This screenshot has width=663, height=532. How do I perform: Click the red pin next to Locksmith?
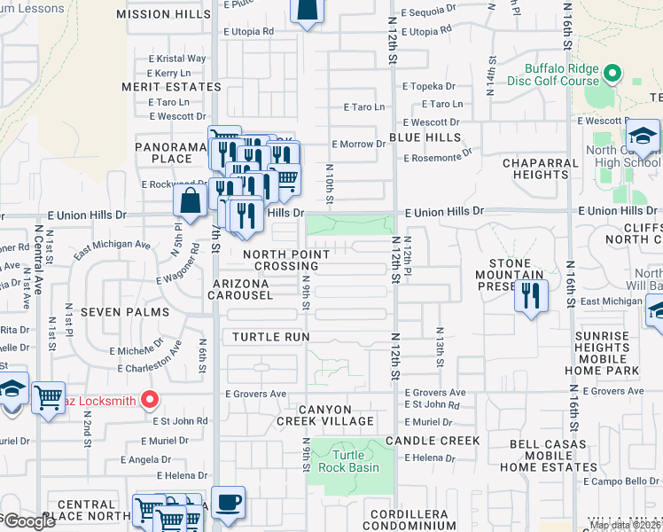[149, 401]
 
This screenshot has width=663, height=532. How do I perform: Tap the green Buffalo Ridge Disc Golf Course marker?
[611, 73]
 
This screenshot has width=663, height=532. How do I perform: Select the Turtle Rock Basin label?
[349, 461]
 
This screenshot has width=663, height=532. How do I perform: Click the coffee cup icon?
[228, 502]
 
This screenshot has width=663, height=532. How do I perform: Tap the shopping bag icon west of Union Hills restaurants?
[190, 200]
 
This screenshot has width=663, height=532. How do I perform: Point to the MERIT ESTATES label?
[172, 87]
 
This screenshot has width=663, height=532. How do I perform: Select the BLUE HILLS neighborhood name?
[425, 137]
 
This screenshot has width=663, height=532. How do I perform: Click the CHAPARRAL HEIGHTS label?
[534, 168]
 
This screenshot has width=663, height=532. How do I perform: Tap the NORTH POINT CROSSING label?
[285, 260]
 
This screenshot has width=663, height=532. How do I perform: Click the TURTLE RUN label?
[271, 337]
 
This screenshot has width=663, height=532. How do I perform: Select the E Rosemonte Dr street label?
[437, 158]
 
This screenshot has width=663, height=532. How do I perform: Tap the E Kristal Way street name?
[178, 59]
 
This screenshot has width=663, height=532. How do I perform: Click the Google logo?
[29, 521]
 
